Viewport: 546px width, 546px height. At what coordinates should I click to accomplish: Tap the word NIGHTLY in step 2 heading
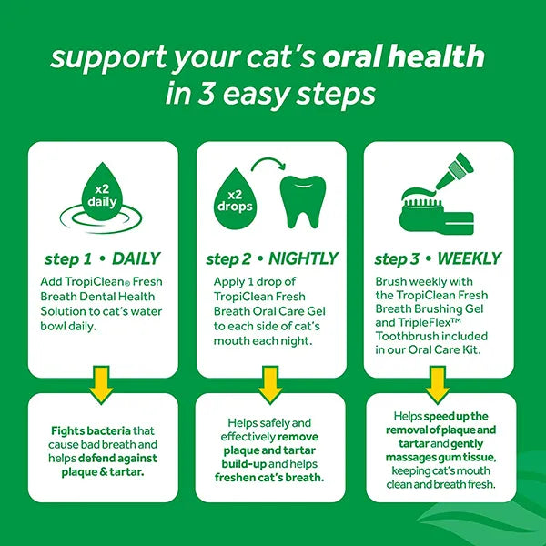[304, 258]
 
